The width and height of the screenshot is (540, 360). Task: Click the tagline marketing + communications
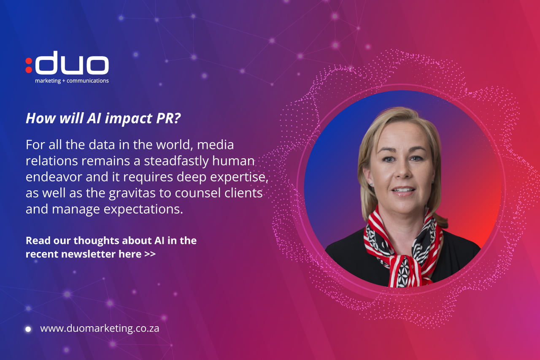tap(72, 81)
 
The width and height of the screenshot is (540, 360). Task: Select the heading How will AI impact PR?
tap(103, 119)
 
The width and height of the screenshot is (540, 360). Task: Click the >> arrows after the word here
tap(150, 254)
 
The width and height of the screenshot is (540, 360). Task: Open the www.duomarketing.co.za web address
tap(100, 328)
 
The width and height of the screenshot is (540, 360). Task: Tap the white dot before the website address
tap(28, 329)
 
